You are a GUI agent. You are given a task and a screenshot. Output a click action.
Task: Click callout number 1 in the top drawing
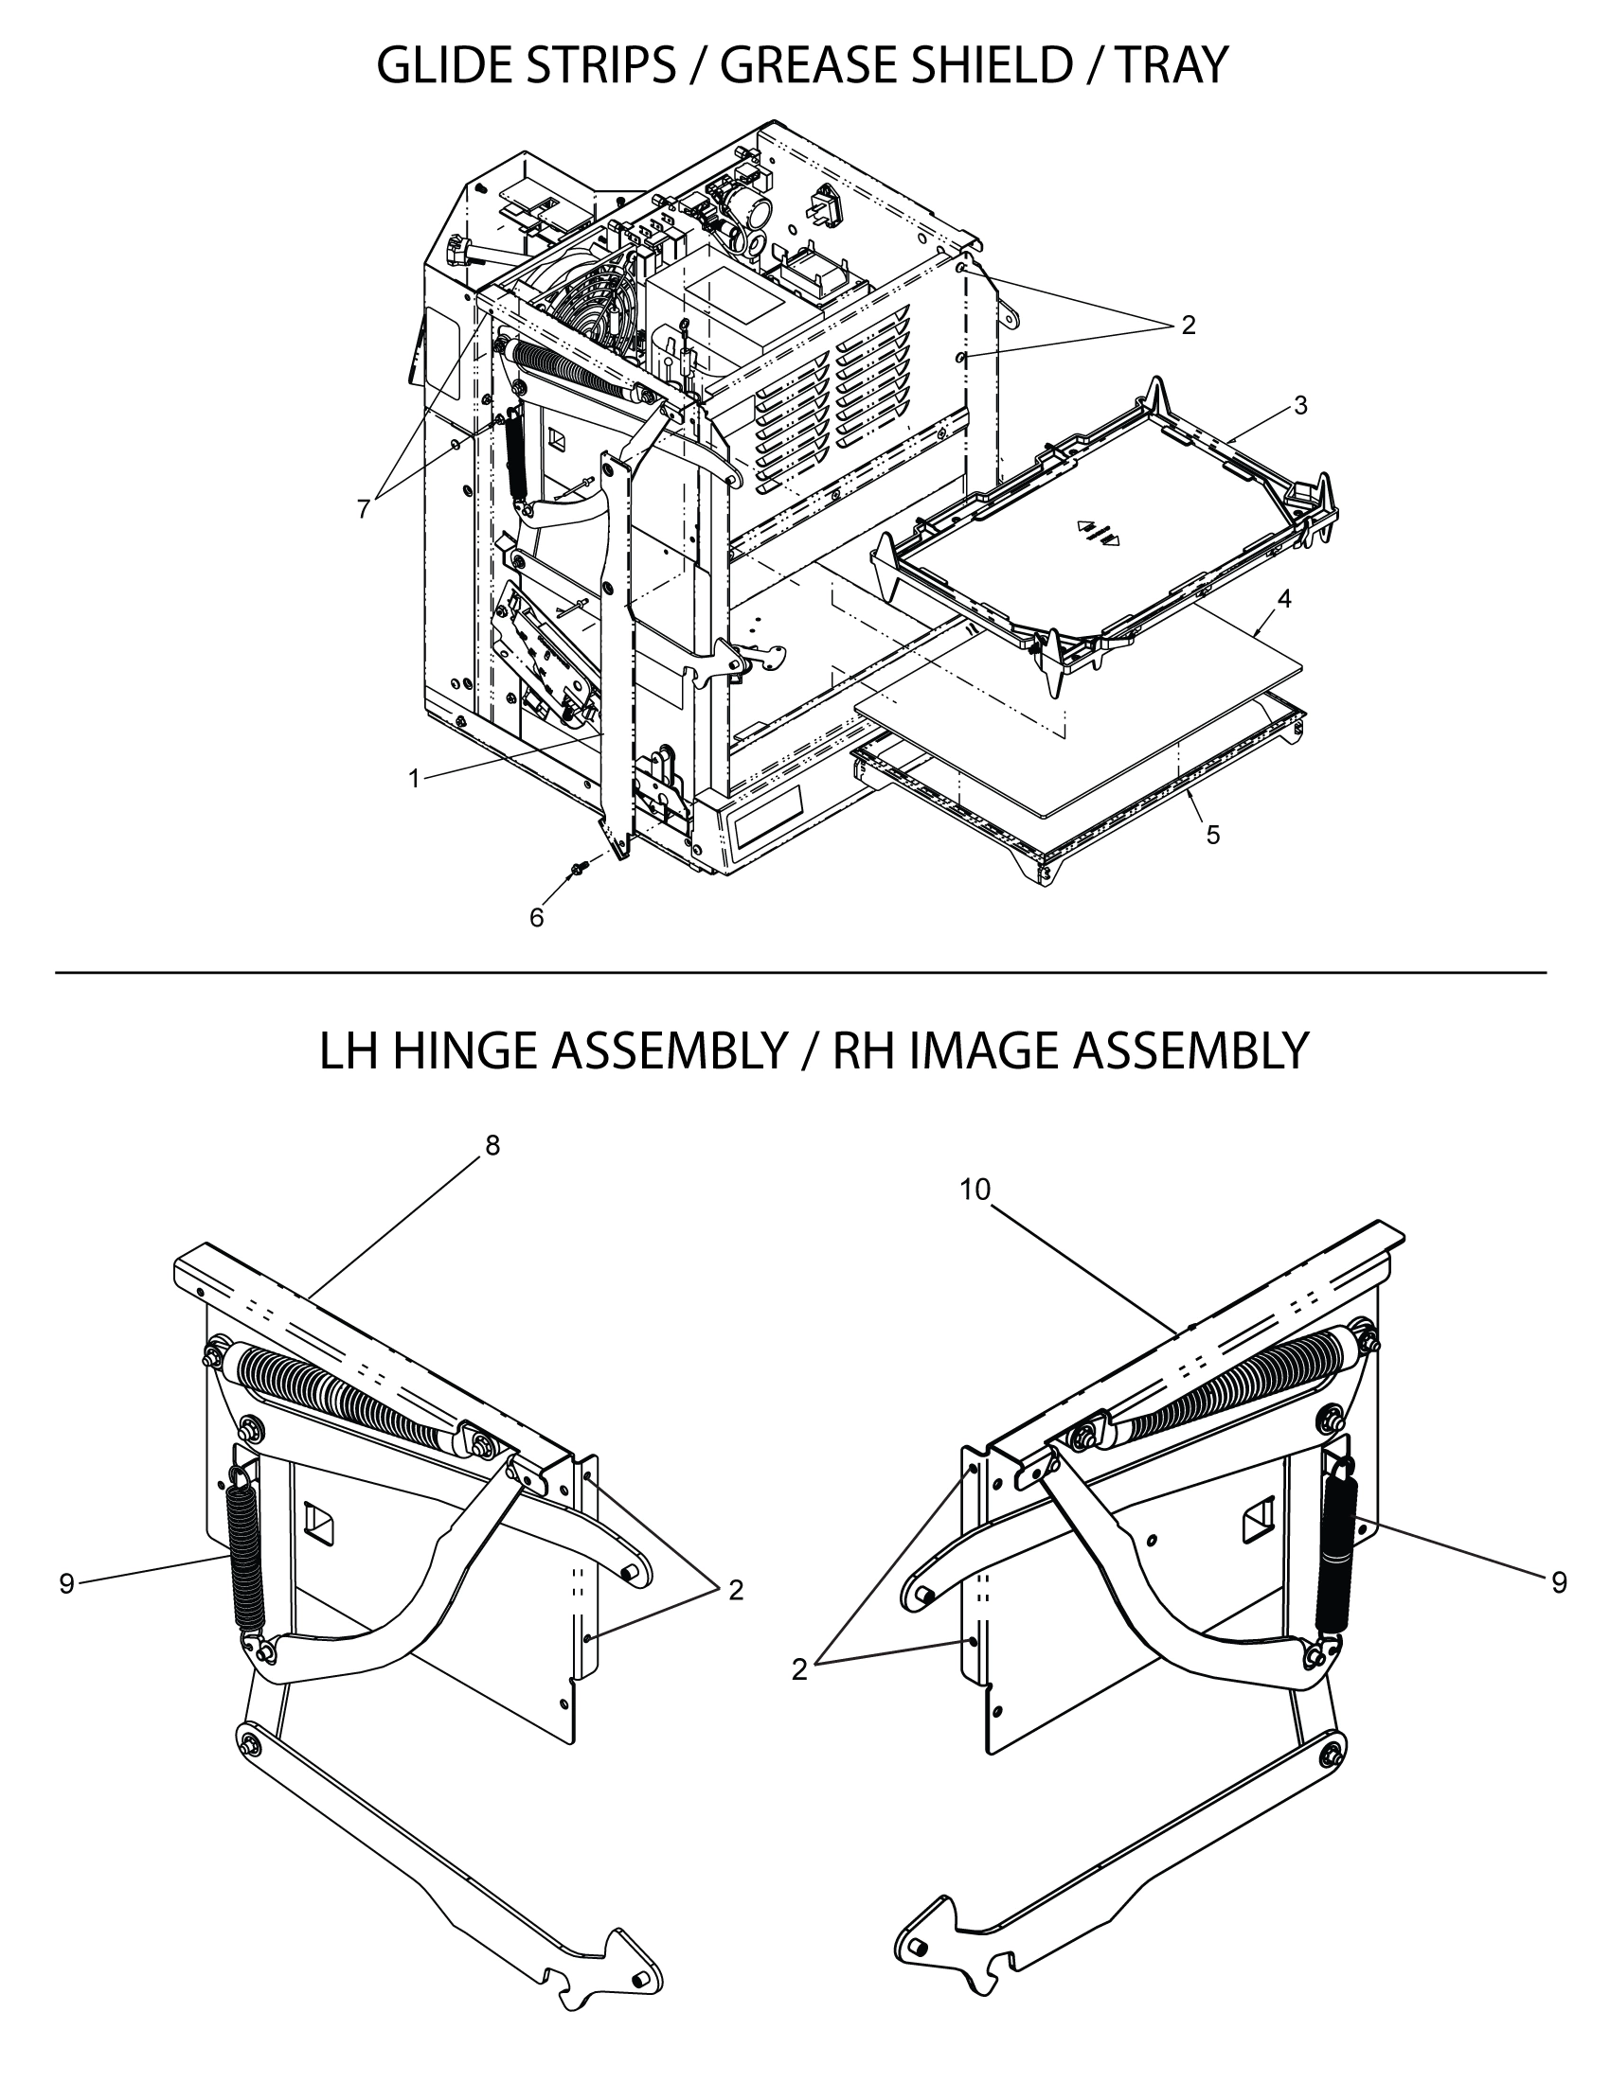point(414,779)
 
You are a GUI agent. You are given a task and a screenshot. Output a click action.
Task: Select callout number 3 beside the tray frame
point(1300,406)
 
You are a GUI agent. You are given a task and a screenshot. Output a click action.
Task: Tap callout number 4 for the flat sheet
point(1285,599)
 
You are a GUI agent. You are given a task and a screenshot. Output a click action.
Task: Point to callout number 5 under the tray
point(1212,835)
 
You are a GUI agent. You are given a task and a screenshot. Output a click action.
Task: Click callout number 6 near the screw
point(536,917)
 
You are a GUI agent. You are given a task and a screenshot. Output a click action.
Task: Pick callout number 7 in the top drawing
point(363,510)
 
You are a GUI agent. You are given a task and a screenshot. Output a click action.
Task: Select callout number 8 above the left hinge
point(492,1146)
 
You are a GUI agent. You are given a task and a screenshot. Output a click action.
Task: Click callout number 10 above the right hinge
point(975,1190)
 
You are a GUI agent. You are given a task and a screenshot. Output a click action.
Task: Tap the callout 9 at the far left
point(66,1583)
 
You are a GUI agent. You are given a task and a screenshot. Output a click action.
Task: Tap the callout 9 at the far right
point(1559,1583)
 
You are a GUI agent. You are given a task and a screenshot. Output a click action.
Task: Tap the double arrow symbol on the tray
point(1098,532)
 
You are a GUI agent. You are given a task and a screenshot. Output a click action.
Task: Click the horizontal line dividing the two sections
point(801,972)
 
